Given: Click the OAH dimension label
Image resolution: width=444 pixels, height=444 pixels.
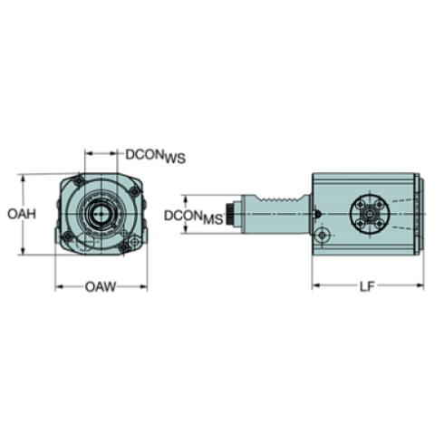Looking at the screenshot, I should pyautogui.click(x=20, y=215).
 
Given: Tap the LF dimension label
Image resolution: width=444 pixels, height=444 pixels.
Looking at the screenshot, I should pyautogui.click(x=366, y=287).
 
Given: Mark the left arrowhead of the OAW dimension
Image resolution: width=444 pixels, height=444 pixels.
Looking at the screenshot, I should pyautogui.click(x=59, y=288).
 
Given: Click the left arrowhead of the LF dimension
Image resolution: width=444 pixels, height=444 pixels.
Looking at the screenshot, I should pyautogui.click(x=316, y=287).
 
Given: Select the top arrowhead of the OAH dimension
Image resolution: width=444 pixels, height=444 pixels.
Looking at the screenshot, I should pyautogui.click(x=27, y=178).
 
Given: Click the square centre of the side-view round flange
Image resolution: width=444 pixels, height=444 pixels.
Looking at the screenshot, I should pyautogui.click(x=371, y=214).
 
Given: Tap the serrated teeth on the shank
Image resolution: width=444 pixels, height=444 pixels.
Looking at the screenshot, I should pyautogui.click(x=285, y=200).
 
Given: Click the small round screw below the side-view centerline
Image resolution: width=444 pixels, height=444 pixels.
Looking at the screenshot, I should pyautogui.click(x=322, y=237).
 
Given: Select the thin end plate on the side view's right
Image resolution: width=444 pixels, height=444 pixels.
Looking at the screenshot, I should pyautogui.click(x=419, y=215).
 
